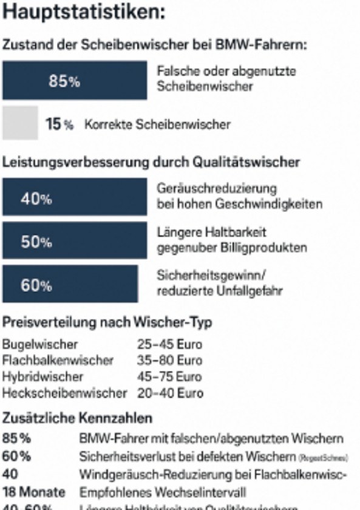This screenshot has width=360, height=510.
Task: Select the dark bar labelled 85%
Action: (75, 80)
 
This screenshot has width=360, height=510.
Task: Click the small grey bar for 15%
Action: (20, 123)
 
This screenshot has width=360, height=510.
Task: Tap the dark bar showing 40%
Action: (75, 197)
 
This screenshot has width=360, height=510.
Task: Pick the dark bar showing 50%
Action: (75, 240)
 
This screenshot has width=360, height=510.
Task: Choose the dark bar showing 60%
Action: (70, 284)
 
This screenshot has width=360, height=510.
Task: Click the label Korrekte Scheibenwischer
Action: (157, 124)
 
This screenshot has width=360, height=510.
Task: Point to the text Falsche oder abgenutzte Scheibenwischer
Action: (226, 79)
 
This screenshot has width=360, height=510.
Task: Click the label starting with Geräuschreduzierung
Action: (239, 196)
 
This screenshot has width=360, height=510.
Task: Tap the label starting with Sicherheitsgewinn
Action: (219, 284)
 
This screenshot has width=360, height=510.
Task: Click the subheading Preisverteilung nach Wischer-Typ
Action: (107, 322)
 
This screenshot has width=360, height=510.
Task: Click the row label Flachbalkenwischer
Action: (58, 361)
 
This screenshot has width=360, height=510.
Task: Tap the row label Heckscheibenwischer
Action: (64, 393)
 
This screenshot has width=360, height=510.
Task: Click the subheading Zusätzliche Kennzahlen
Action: (77, 418)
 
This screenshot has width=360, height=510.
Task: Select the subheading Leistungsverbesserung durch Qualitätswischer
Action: (151, 162)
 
